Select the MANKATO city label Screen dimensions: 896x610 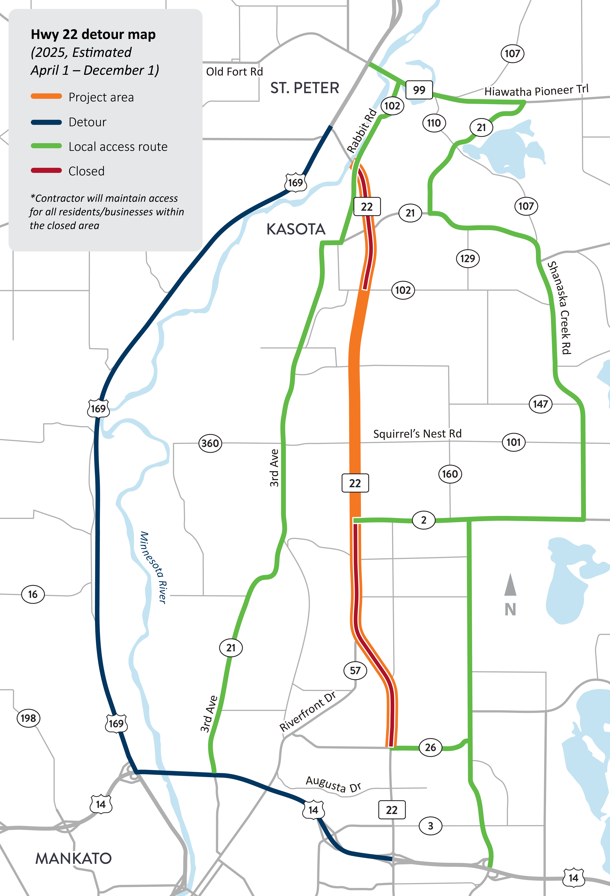click(x=73, y=858)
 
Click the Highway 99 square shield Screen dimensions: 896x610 click(x=419, y=90)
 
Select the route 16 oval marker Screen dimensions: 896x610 click(x=33, y=594)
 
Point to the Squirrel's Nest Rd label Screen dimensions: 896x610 click(x=417, y=434)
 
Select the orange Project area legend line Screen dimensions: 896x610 click(x=46, y=96)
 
